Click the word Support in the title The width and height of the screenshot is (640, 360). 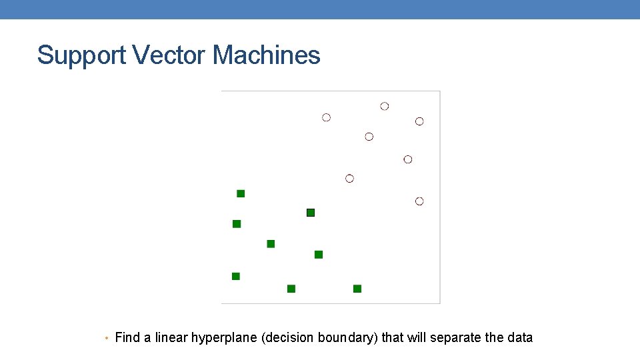pos(81,55)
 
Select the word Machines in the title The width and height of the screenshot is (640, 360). pos(266,55)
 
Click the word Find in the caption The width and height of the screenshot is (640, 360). pos(127,337)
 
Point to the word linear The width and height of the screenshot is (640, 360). pos(171,337)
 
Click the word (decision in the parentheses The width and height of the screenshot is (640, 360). pos(289,338)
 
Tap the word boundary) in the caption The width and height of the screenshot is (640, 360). pos(349,338)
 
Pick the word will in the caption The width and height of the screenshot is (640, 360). pos(417,337)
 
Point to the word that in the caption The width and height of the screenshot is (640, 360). pos(393,337)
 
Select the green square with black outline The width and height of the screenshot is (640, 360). pos(310,213)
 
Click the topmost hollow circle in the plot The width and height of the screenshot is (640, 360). pos(385,106)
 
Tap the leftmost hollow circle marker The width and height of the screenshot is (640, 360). pos(326,117)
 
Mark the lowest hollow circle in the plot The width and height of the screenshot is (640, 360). pos(419,201)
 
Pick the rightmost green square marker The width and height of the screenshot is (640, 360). pos(357,289)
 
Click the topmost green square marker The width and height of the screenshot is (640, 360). pos(241,193)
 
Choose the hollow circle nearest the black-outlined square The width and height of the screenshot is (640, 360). pos(349,179)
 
